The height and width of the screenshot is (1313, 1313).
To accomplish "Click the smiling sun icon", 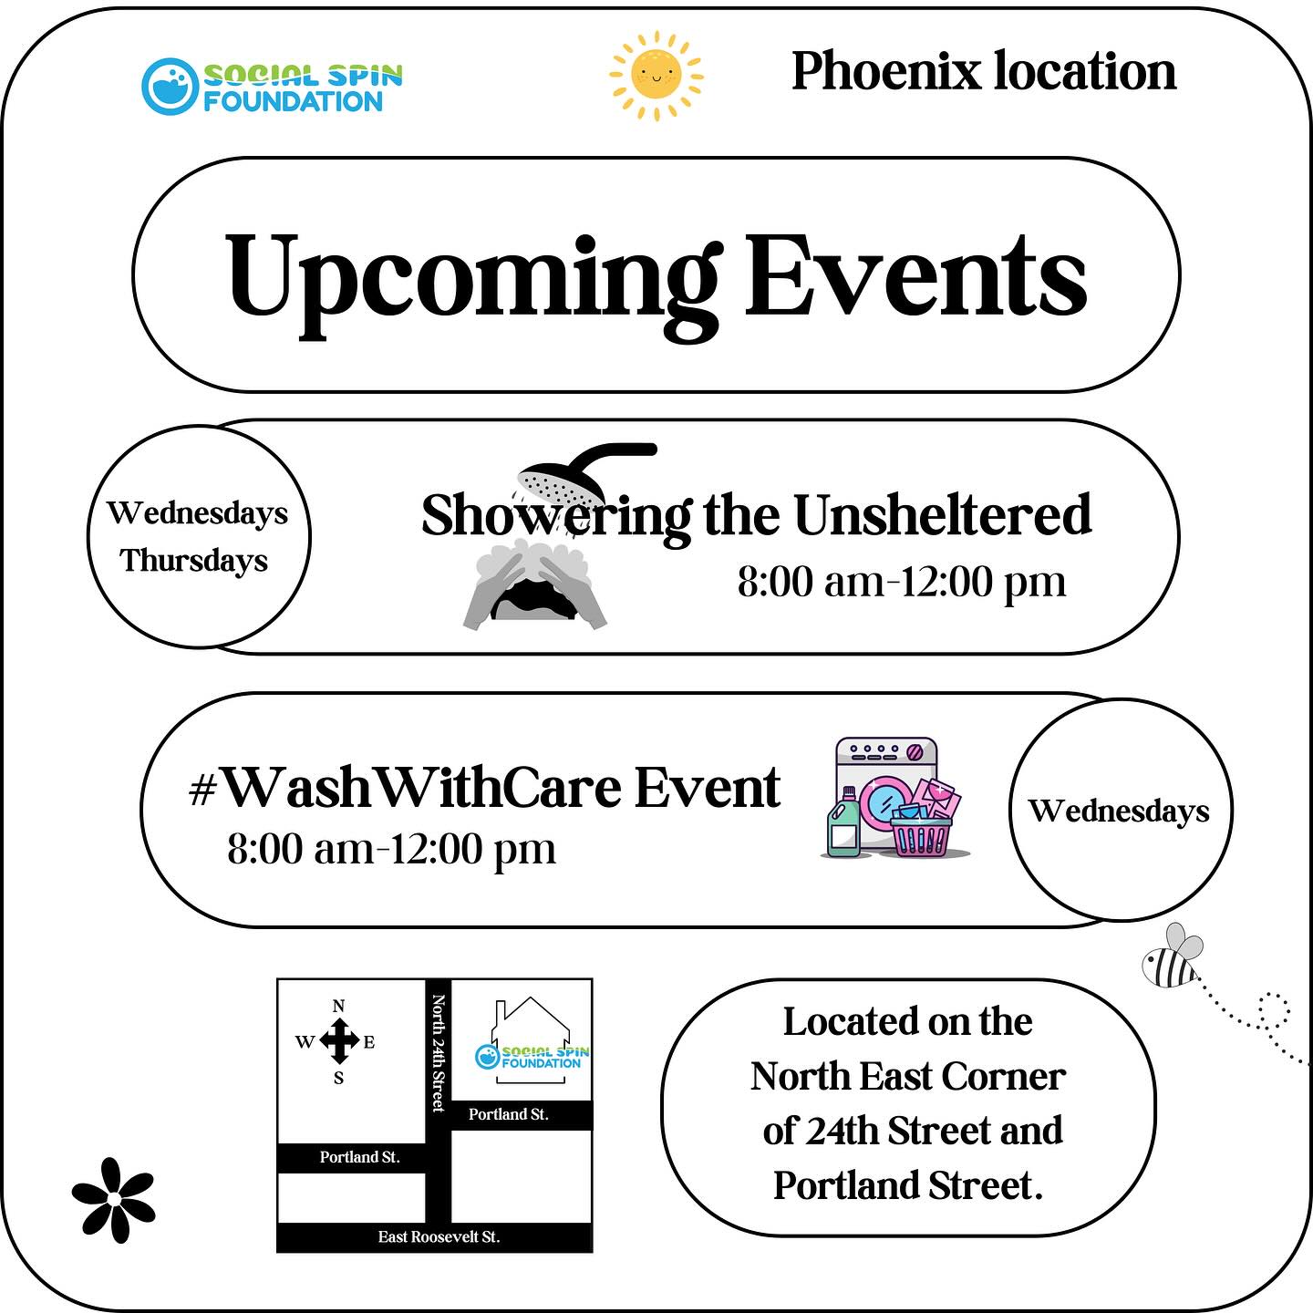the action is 656,75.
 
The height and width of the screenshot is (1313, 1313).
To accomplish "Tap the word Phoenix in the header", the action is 885,71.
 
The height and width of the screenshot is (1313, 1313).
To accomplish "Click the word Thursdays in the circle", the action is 194,562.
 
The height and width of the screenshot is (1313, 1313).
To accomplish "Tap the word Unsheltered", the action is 942,515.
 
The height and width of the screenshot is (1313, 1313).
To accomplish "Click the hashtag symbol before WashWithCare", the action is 202,791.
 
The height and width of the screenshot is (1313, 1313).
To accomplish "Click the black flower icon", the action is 114,1200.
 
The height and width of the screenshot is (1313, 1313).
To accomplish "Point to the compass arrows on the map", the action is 338,1041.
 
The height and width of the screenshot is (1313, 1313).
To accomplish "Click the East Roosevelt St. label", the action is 439,1236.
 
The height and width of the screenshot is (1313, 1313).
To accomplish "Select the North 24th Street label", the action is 439,1053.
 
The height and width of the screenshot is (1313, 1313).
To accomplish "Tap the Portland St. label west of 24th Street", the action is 360,1157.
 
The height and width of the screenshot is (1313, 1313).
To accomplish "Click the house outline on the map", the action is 531,1039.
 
